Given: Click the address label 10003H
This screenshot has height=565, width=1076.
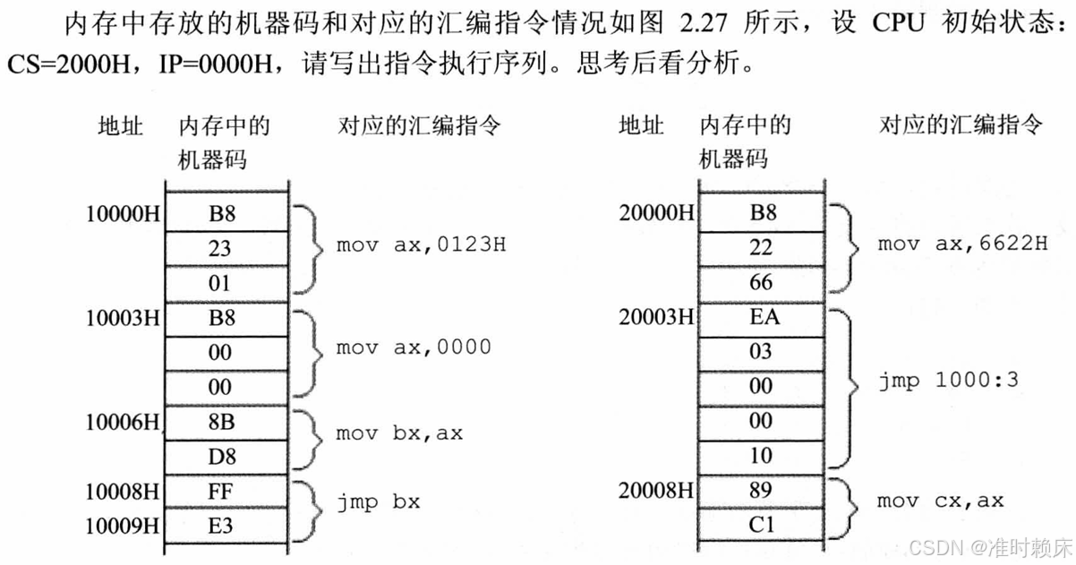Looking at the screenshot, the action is point(123,318).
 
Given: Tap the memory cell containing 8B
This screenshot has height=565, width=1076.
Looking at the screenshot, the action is point(220,422).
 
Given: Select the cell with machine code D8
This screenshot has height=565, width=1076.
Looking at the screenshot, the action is point(220,456).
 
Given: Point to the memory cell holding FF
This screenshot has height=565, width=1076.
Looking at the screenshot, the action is point(220,491).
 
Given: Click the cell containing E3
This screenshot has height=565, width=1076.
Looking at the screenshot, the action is point(220,526).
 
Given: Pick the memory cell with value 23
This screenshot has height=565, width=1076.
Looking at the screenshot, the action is point(220,248).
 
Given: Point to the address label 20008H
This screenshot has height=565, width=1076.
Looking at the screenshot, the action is point(656,491).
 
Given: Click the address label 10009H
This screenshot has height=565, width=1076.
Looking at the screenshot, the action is point(123,526).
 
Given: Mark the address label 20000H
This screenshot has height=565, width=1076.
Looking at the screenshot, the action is point(656,213).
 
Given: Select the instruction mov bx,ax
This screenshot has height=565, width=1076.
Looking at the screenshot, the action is point(398,434).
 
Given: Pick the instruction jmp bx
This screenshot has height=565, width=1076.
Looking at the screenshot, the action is point(379,502).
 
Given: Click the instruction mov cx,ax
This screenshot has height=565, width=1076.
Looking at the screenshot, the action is point(940,501).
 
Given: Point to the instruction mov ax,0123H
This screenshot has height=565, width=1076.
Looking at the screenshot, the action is point(421,244).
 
